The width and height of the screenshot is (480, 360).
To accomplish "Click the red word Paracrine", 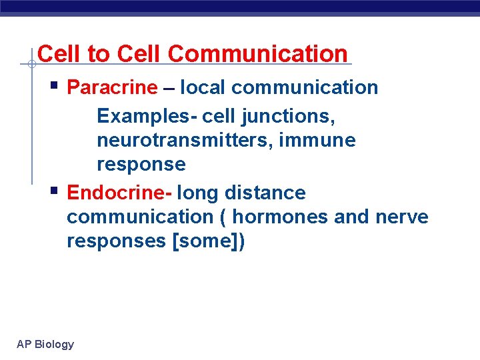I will (113, 88).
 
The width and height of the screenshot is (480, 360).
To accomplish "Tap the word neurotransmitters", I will (193, 141).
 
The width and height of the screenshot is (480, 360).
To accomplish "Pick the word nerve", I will (402, 217).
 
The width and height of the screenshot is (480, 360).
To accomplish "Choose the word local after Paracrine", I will (203, 88).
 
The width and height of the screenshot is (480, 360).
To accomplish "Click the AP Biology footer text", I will (45, 344).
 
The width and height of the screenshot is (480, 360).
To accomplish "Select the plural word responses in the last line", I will (117, 241).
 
